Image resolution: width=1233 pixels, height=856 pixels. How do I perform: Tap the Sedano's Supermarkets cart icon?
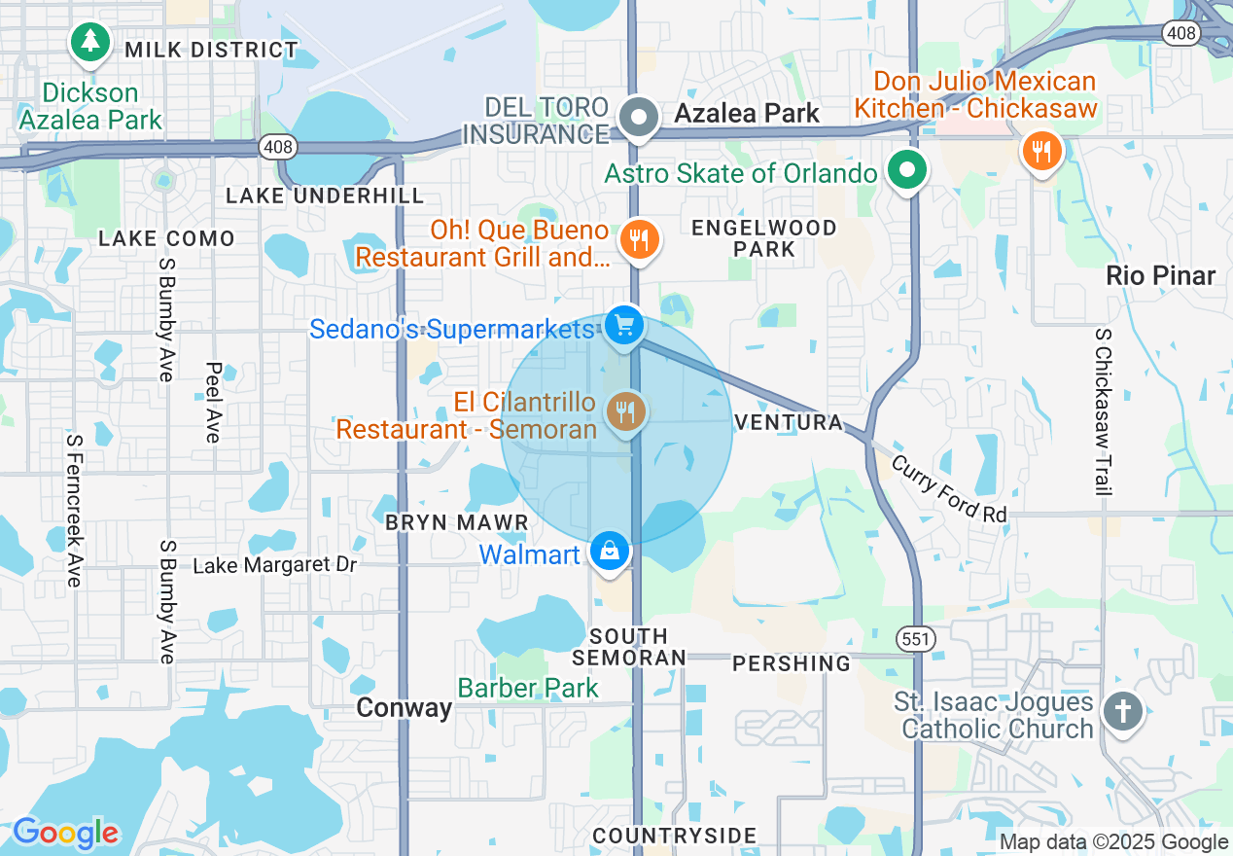click(622, 325)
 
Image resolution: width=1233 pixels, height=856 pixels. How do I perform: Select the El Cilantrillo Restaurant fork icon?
click(625, 411)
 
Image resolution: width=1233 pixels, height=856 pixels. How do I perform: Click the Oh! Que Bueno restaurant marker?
click(639, 237)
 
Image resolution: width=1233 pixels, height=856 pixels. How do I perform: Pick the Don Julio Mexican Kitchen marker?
click(1040, 151)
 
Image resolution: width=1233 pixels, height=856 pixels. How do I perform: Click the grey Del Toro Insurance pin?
click(639, 119)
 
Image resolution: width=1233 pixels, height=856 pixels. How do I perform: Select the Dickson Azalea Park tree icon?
click(90, 41)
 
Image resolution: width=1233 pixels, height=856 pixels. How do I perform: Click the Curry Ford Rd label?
click(949, 489)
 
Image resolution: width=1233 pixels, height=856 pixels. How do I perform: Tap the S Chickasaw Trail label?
click(1103, 411)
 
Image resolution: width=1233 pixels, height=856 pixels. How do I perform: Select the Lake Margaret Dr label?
click(275, 564)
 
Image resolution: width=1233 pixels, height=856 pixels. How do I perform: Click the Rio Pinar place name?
click(1161, 276)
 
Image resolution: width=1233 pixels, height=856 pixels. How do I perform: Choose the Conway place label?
click(405, 707)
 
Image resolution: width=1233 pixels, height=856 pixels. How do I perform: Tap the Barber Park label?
click(528, 688)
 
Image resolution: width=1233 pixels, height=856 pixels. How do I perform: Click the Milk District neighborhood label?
click(211, 50)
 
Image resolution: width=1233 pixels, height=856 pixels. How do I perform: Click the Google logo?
click(65, 833)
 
